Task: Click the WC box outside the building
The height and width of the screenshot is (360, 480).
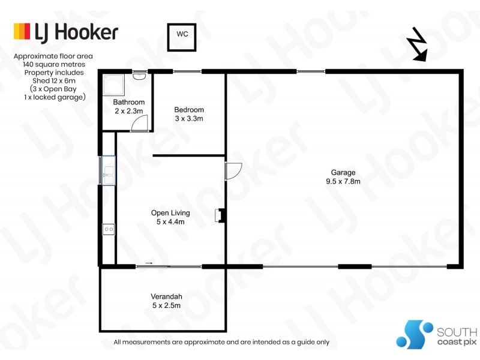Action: (x=182, y=34)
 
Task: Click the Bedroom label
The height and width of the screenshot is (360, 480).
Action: (x=189, y=110)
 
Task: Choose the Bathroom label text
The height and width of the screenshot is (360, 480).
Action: (x=128, y=102)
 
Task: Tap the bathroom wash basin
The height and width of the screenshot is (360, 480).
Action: (x=139, y=76)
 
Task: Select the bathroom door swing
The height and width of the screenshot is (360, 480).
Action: (x=139, y=123)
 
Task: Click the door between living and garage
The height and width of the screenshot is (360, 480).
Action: (x=233, y=171)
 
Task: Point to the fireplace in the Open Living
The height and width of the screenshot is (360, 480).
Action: (x=221, y=215)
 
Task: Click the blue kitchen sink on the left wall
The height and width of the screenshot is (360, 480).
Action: (x=108, y=170)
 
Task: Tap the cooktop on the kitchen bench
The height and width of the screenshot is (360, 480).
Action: (x=109, y=229)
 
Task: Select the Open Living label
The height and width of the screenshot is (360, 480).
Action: (x=170, y=213)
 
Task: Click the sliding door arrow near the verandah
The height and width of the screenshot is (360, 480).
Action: (x=149, y=263)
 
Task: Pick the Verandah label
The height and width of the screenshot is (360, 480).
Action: (x=166, y=296)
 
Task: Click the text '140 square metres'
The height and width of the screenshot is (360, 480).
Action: (x=54, y=64)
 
